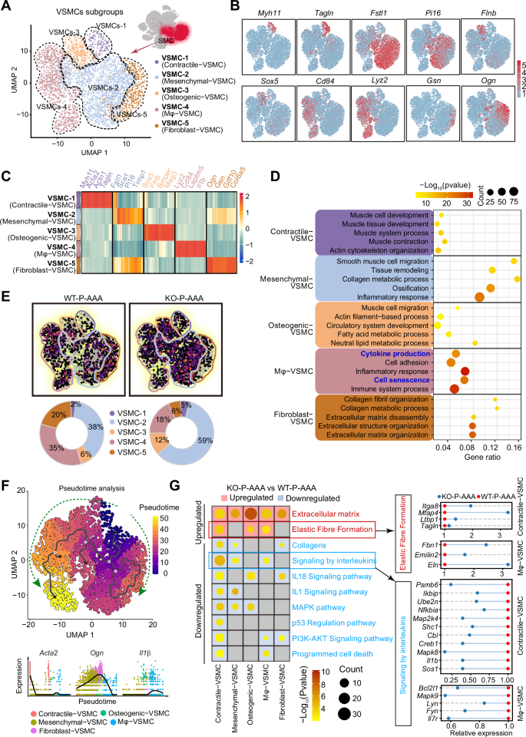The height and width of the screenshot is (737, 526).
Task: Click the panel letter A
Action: [x=7, y=7]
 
